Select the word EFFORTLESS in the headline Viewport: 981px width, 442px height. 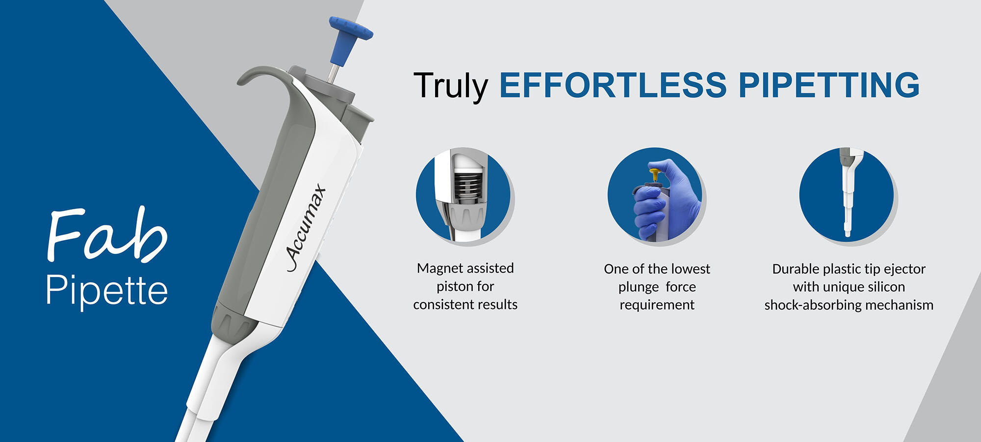[613, 85]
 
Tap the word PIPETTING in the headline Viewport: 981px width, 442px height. [829, 85]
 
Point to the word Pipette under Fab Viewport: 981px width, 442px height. [107, 290]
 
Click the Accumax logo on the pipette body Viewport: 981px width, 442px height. [306, 227]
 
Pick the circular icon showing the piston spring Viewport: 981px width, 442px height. [463, 195]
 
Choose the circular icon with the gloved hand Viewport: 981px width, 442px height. [655, 194]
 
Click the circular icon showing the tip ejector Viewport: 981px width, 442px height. [847, 194]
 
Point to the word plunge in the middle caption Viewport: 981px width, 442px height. [639, 287]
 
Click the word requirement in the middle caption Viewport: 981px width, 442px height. [657, 305]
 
